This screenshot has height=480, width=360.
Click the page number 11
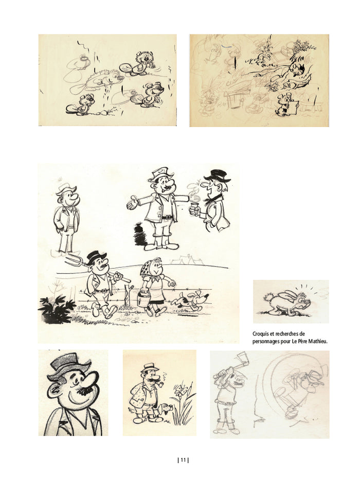[x=183, y=460]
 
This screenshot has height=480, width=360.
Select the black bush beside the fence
[x=57, y=309]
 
